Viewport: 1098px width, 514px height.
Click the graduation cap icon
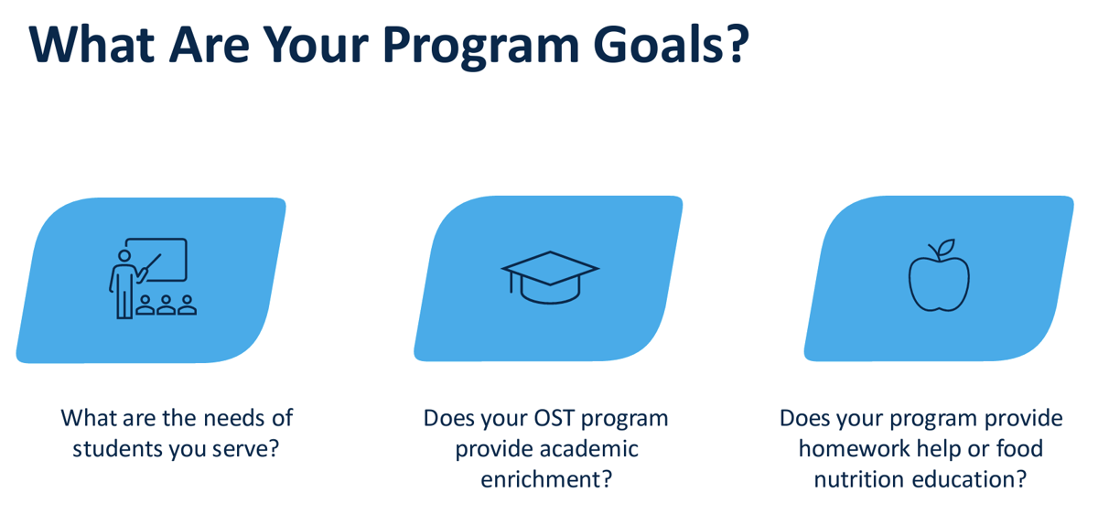pyautogui.click(x=550, y=275)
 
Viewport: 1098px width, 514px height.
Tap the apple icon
pyautogui.click(x=939, y=279)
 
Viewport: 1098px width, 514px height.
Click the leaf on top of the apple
pyautogui.click(x=943, y=249)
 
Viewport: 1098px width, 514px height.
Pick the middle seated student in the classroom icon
pyautogui.click(x=166, y=305)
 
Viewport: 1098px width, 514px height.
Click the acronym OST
pyautogui.click(x=554, y=418)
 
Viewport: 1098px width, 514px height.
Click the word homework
pyautogui.click(x=855, y=449)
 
